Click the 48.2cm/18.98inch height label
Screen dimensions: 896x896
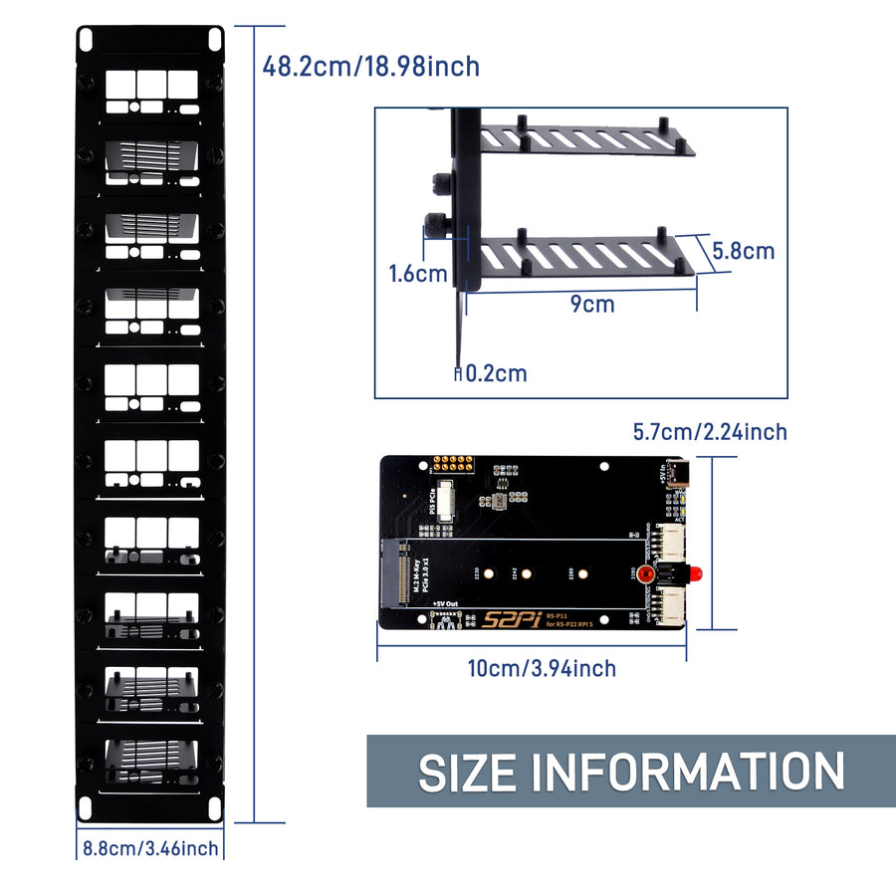click(x=370, y=67)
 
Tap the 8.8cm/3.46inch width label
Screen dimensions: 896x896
click(x=150, y=849)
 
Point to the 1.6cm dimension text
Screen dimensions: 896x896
click(x=418, y=274)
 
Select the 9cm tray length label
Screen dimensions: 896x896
click(x=592, y=304)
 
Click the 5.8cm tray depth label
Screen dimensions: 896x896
click(x=743, y=251)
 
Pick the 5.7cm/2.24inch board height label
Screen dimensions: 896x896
click(x=710, y=431)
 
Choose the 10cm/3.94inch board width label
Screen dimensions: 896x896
click(x=542, y=668)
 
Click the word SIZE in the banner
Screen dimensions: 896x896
click(x=468, y=772)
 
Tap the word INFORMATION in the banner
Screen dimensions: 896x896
click(x=687, y=772)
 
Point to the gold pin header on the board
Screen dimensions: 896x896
click(x=453, y=464)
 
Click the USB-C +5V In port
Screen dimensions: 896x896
click(x=678, y=472)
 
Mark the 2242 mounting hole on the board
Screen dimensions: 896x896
click(x=529, y=572)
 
